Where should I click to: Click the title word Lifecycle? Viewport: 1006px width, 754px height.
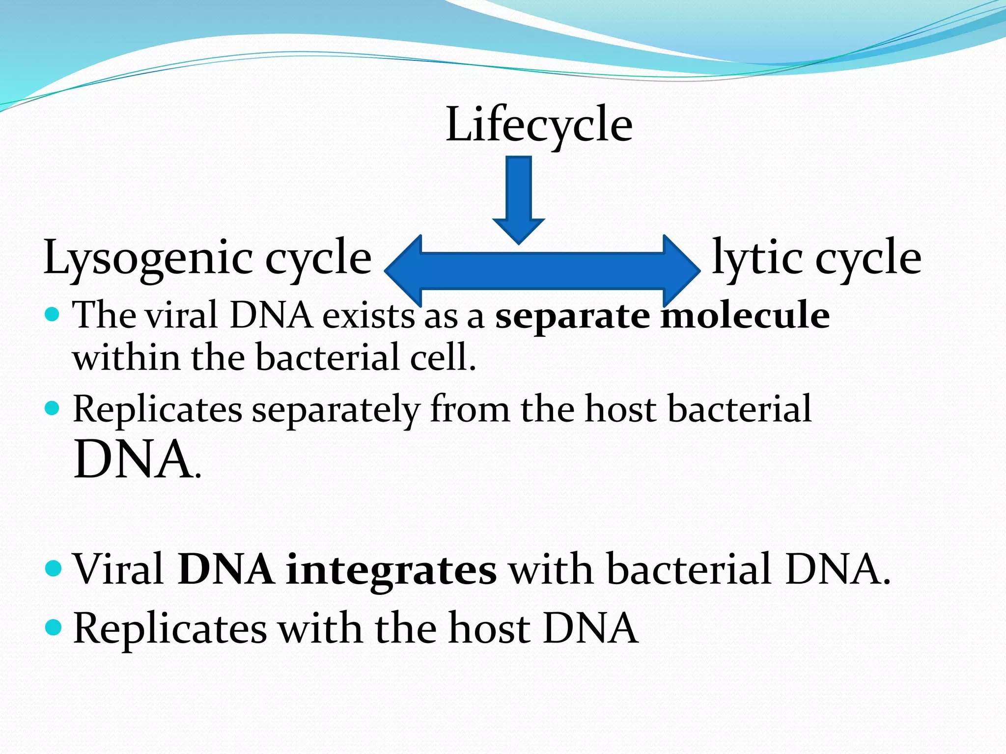539,125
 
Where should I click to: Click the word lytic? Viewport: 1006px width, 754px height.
757,258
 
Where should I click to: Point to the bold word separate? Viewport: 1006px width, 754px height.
573,316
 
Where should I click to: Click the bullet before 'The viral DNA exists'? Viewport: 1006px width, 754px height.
52,314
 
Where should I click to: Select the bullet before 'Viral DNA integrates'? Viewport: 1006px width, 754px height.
53,568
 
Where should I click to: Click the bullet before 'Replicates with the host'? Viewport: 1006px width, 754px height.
53,627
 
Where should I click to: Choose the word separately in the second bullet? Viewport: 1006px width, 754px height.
336,410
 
